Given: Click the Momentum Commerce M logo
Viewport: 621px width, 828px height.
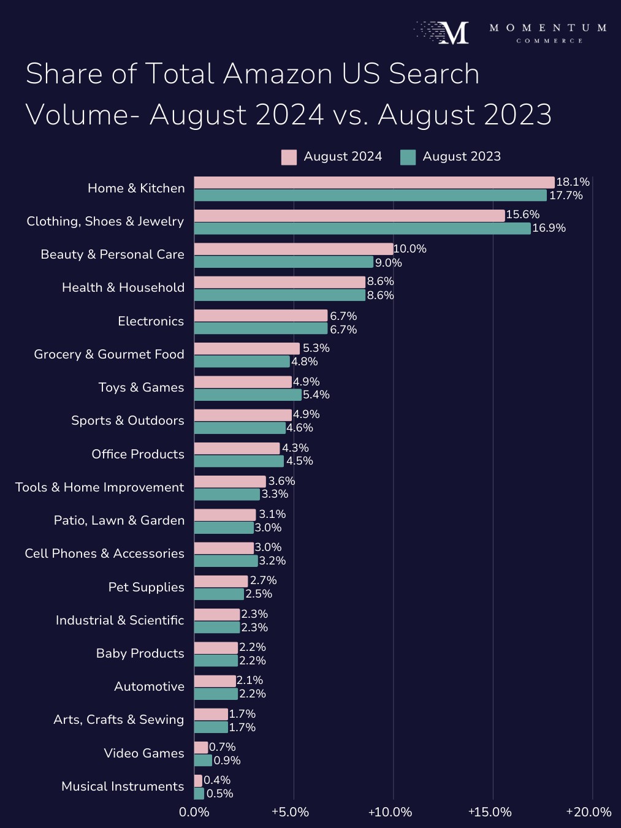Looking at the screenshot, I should tap(454, 32).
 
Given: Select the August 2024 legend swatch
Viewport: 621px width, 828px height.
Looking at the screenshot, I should tap(289, 157).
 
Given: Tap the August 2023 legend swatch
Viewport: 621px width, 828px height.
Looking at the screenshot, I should tap(408, 157).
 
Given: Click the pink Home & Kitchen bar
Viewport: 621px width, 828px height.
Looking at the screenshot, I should tap(374, 183).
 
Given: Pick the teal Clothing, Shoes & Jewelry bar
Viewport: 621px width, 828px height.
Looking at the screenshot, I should tap(362, 229).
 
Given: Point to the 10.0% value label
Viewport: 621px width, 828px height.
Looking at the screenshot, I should tap(410, 249).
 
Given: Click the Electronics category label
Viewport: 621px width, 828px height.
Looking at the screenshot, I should tap(151, 321).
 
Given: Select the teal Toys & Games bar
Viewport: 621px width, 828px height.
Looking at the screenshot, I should tap(248, 395).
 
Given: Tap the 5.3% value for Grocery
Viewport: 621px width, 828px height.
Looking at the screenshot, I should tap(316, 348).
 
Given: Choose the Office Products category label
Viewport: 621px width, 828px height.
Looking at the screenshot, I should tap(138, 454).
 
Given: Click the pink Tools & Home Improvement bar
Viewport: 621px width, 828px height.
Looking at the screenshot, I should tap(230, 482).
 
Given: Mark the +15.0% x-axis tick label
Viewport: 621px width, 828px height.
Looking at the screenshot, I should tap(489, 812).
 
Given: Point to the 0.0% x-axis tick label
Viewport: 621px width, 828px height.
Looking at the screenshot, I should tap(194, 812).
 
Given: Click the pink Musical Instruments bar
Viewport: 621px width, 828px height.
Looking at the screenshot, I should tap(198, 781).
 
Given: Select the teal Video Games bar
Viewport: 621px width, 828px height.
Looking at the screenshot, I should tap(203, 761).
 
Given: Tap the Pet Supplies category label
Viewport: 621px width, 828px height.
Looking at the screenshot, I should tap(147, 587).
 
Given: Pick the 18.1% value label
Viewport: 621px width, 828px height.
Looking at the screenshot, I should tap(573, 182).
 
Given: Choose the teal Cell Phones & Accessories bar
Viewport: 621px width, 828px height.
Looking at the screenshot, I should tap(226, 561).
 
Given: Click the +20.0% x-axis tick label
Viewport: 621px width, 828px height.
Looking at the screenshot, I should tap(589, 812).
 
